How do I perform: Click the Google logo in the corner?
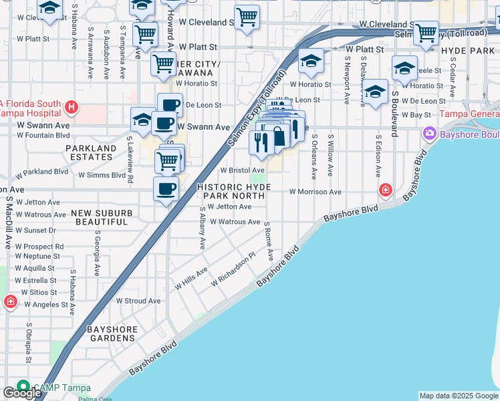(x=21, y=393)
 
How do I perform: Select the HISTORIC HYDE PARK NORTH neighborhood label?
(x=235, y=187)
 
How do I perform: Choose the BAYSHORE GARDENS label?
(x=112, y=334)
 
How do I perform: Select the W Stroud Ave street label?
(x=138, y=301)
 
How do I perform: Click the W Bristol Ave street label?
(x=242, y=170)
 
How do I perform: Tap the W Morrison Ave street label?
(x=315, y=192)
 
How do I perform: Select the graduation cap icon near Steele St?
(x=404, y=68)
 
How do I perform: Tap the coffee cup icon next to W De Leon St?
(x=170, y=105)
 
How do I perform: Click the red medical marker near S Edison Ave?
(x=385, y=191)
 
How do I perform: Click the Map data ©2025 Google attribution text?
(x=459, y=396)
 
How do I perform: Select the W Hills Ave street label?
(x=191, y=279)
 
